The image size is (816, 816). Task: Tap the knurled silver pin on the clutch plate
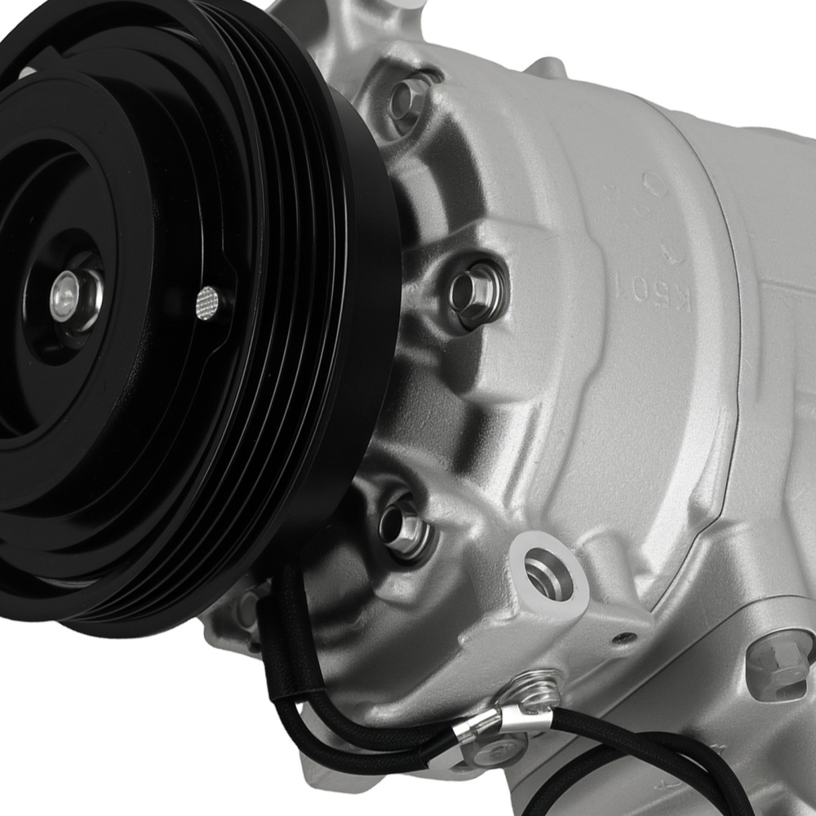tap(209, 302)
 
